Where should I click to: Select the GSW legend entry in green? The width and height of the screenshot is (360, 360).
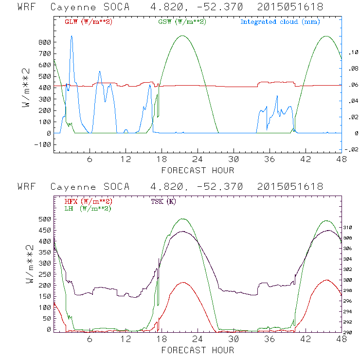point(181,22)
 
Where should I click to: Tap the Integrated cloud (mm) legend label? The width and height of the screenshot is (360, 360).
point(280,22)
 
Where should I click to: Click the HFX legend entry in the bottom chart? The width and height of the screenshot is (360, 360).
point(89,201)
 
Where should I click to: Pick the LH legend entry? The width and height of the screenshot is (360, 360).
point(88,208)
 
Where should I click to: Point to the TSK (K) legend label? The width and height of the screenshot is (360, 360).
point(163,201)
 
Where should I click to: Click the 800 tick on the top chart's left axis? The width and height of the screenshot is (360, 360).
point(44,42)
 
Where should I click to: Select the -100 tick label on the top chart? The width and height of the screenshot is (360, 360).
point(42,144)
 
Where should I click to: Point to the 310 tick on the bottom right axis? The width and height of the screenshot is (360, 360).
point(351,228)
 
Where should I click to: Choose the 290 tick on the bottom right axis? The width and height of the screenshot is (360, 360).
point(351,333)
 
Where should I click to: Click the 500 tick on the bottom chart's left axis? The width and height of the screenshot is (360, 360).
point(44,219)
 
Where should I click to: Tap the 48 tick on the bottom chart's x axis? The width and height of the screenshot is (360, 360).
point(342,340)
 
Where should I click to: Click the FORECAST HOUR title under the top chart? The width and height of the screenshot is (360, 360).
point(198,170)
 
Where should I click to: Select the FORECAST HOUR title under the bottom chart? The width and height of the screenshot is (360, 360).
point(198,350)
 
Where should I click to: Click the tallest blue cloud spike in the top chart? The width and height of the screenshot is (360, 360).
point(72,36)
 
